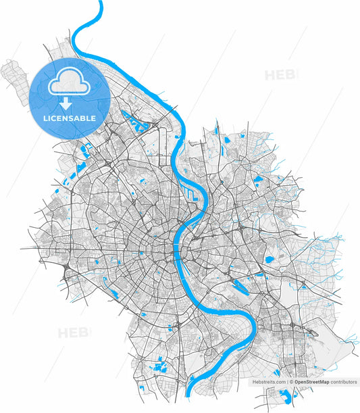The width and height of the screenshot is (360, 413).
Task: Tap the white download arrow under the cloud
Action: pos(66,104)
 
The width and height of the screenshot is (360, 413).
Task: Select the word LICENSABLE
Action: pos(70,118)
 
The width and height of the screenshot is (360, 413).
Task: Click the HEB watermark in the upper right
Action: pos(280,74)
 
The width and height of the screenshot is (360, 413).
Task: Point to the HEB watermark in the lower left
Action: pos(74,333)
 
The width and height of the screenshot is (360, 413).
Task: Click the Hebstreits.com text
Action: pos(269,382)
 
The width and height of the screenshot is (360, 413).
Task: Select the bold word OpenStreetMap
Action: pos(311,382)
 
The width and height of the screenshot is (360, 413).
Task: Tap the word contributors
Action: pos(344,382)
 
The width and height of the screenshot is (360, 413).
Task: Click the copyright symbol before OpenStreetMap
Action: pos(292,382)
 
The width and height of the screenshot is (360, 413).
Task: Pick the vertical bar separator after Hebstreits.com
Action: pos(287,382)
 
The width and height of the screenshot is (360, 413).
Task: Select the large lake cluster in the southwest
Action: pos(161,368)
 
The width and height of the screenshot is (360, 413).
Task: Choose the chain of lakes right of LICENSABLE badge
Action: pos(139,124)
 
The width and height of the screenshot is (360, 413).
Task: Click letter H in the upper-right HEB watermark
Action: pos(269,74)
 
